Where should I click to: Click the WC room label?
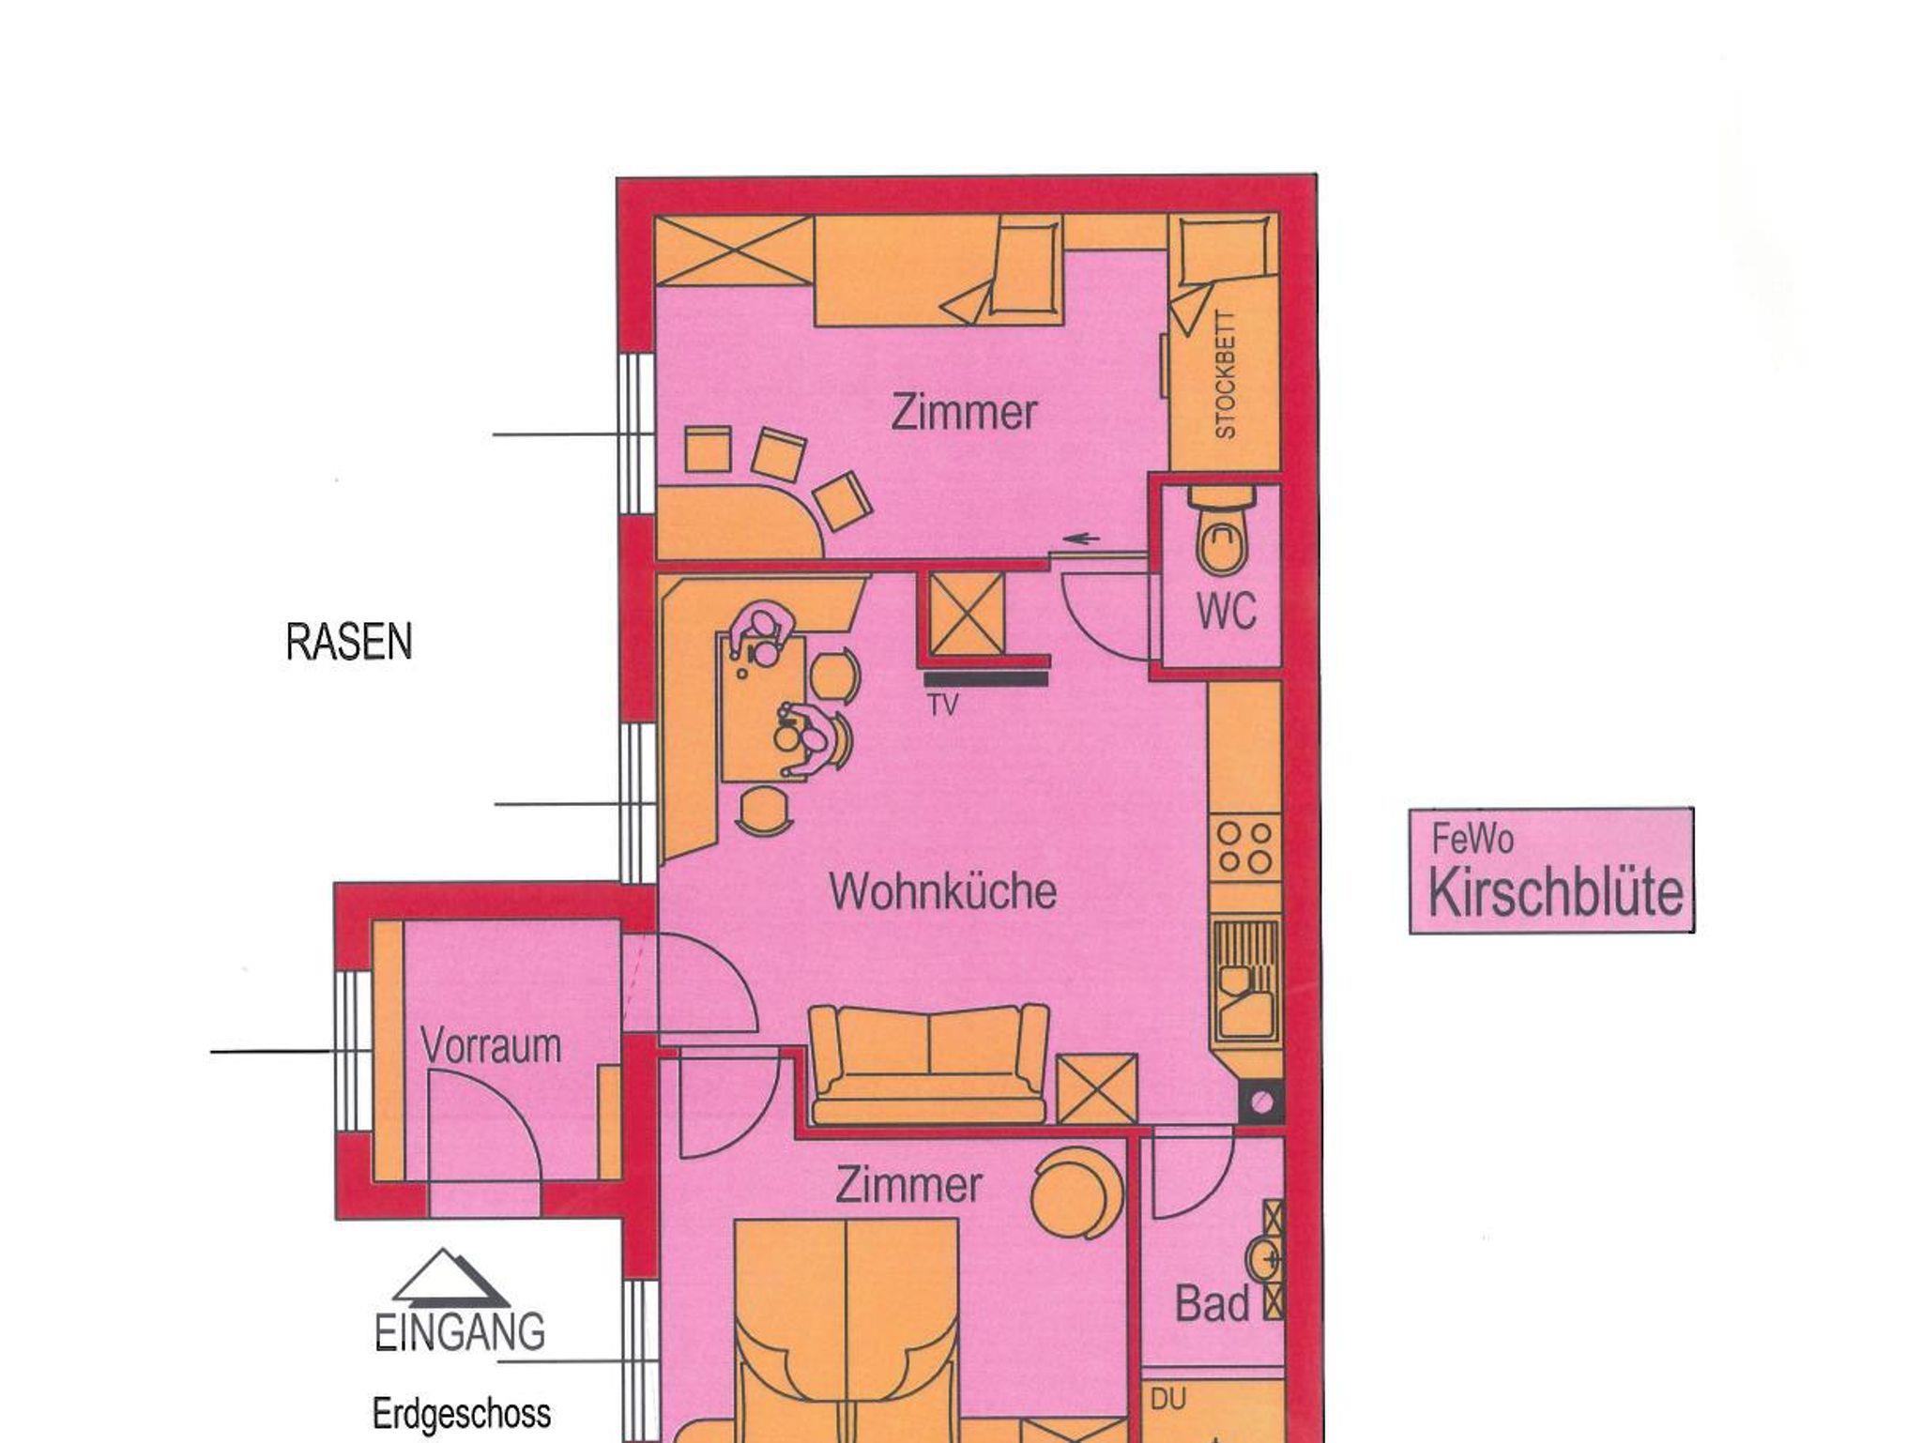click(x=1226, y=612)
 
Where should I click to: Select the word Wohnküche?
click(x=943, y=891)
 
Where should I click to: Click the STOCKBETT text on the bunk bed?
click(x=1226, y=374)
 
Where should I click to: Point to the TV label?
click(x=943, y=705)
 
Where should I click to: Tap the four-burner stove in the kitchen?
click(x=1244, y=847)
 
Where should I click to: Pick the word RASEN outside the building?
click(x=349, y=643)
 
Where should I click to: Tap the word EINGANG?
click(x=460, y=1332)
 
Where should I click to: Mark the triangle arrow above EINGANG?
click(x=451, y=1279)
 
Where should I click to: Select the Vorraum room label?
click(x=491, y=1045)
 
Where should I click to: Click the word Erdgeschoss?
click(x=462, y=1414)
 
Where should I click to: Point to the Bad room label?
click(x=1213, y=1304)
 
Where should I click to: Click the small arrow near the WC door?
click(x=1080, y=539)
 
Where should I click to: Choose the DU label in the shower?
click(x=1168, y=1399)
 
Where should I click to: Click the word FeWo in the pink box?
click(x=1472, y=839)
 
